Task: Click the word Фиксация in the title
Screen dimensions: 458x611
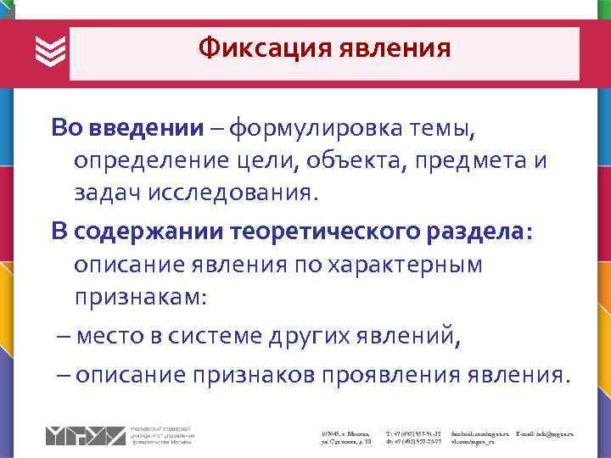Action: click(x=263, y=48)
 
